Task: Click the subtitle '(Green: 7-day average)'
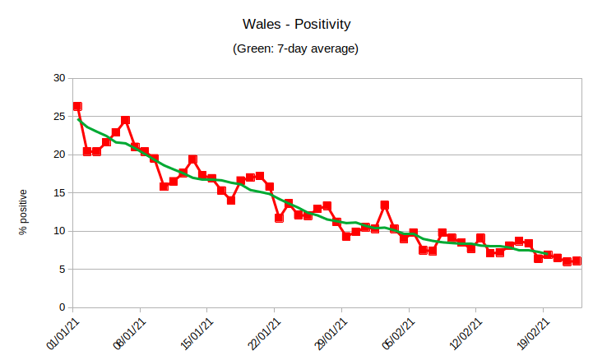pyautogui.click(x=296, y=49)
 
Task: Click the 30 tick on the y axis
pyautogui.click(x=58, y=78)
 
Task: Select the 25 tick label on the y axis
pyautogui.click(x=58, y=117)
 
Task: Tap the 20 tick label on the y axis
pyautogui.click(x=58, y=155)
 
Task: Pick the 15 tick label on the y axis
pyautogui.click(x=58, y=193)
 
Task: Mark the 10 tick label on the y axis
pyautogui.click(x=58, y=231)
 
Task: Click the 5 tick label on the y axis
pyautogui.click(x=62, y=270)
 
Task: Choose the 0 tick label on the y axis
pyautogui.click(x=62, y=307)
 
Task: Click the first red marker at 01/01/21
pyautogui.click(x=77, y=106)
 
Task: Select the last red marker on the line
pyautogui.click(x=577, y=261)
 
